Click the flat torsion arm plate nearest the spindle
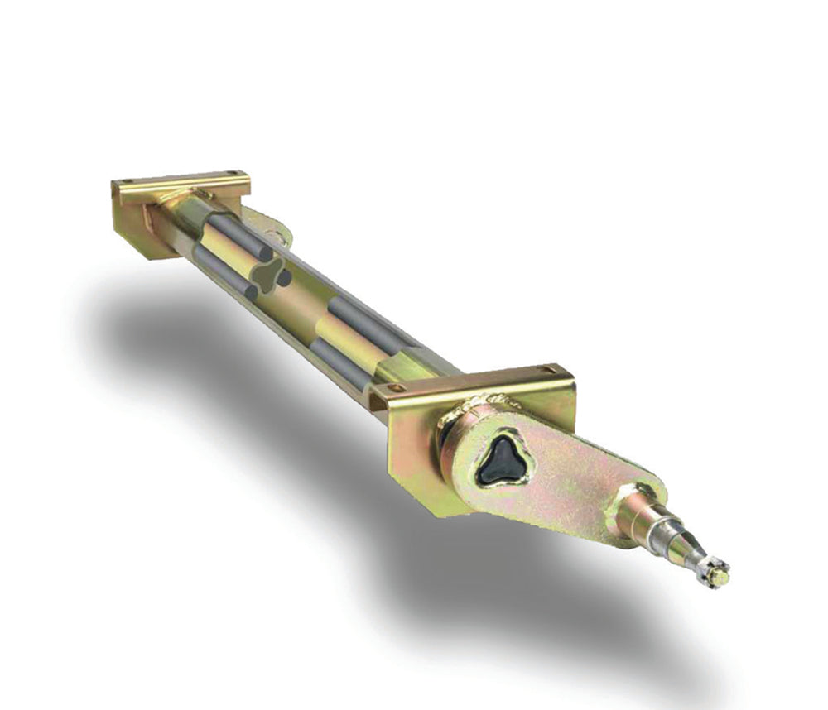tap(571, 488)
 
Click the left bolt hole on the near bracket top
tap(401, 387)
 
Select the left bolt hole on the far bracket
tap(125, 183)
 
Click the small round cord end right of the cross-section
tap(285, 279)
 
